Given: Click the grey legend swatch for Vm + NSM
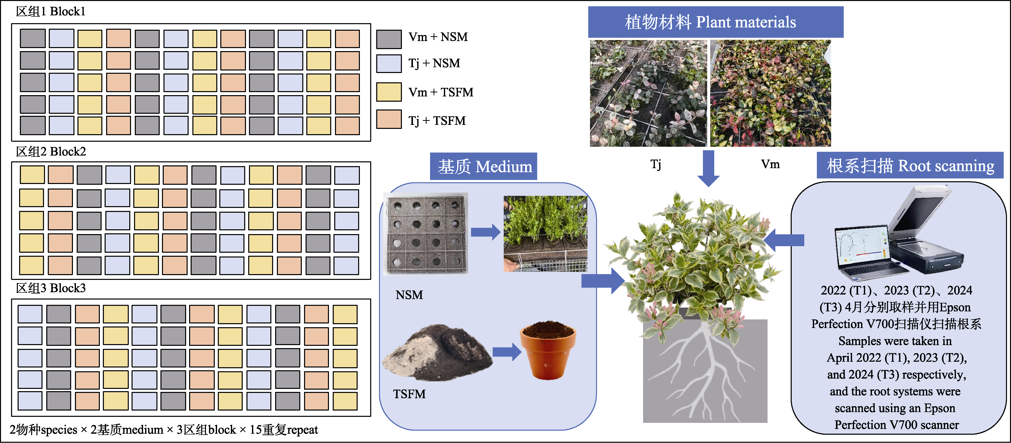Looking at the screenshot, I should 389,39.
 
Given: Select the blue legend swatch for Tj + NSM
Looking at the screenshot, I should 389,64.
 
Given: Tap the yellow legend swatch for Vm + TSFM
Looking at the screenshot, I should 389,92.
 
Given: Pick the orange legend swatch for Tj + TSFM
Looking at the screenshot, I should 389,119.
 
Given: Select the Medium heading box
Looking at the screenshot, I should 484,167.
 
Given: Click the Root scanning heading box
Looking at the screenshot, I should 910,166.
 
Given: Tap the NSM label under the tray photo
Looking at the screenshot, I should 409,295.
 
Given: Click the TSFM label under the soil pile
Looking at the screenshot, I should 409,394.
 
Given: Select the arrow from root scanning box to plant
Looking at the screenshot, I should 784,240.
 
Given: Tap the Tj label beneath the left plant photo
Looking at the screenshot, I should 655,164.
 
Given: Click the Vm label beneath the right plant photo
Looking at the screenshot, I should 770,164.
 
